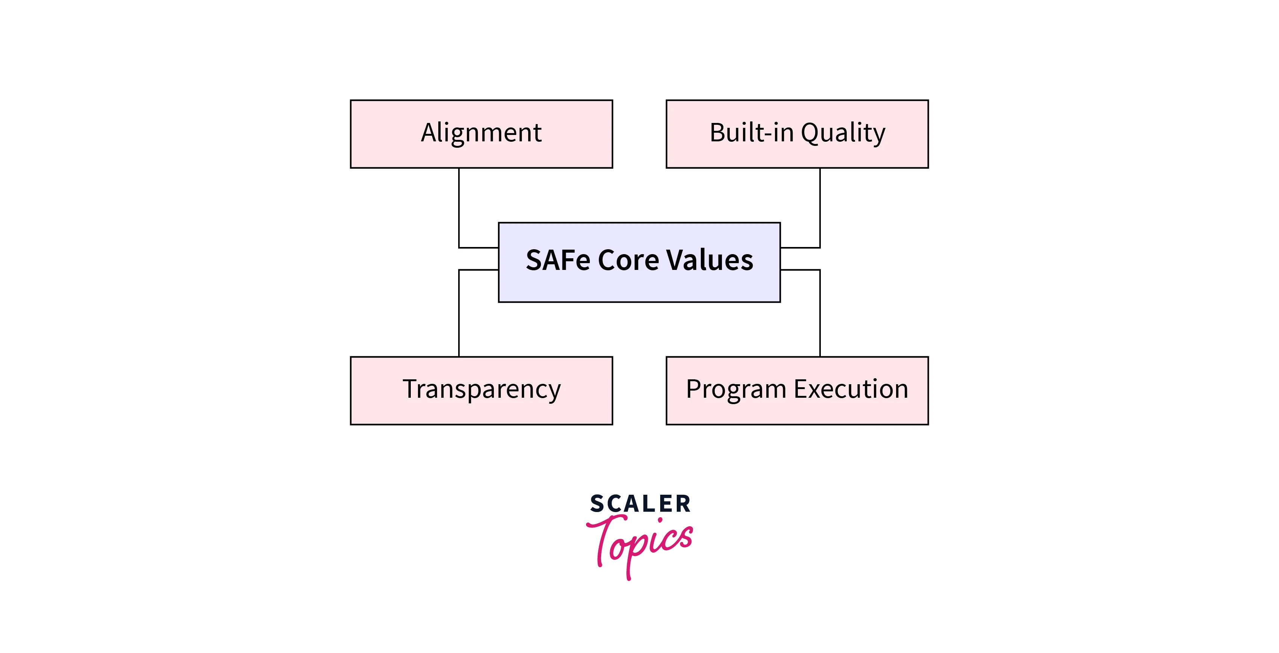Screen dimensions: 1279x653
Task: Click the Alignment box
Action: click(481, 134)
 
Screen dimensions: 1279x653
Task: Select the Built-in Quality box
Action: click(797, 134)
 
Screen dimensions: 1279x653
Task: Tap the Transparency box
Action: click(481, 391)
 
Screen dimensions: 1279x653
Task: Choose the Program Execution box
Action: click(797, 391)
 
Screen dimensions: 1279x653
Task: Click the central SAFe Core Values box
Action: click(639, 262)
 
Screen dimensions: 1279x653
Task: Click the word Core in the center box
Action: click(628, 260)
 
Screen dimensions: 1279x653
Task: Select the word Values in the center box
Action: click(710, 260)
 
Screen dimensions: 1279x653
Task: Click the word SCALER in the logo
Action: click(640, 504)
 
